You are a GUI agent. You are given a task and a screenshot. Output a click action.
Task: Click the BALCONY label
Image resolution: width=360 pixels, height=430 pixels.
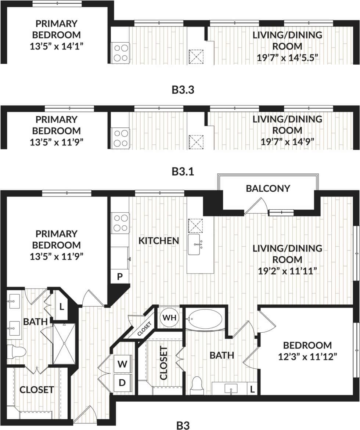(268, 188)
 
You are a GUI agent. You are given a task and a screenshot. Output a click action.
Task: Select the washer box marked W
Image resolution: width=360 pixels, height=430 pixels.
(122, 365)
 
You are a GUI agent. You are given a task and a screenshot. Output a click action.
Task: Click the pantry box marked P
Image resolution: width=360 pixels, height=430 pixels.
(120, 277)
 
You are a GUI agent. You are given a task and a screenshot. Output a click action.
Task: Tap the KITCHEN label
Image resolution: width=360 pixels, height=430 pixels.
(159, 241)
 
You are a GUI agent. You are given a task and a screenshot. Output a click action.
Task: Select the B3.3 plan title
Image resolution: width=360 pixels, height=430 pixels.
(183, 90)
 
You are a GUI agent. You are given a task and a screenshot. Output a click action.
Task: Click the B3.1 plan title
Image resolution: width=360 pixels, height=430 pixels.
(183, 171)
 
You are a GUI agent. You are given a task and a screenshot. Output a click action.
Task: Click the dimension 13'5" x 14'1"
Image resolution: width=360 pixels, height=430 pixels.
(57, 46)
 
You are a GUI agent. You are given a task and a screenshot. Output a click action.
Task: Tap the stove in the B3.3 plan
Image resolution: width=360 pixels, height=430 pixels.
(120, 53)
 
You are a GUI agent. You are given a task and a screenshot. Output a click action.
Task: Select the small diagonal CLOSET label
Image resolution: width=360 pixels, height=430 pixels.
(144, 328)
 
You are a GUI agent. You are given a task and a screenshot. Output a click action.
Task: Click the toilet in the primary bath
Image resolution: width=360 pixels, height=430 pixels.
(17, 351)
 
